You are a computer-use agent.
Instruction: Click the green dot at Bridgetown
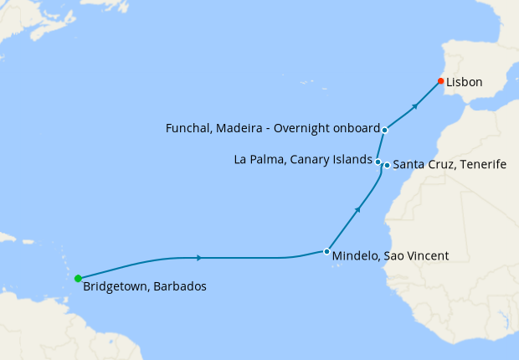click(x=78, y=278)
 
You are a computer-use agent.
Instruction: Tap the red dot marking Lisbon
click(x=440, y=81)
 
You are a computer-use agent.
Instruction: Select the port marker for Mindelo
click(x=326, y=251)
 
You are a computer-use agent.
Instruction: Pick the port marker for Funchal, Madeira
click(x=384, y=130)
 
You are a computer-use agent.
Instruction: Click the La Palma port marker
click(x=378, y=162)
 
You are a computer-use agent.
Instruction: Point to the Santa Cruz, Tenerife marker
click(x=386, y=165)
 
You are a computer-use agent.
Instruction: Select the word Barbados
click(x=178, y=286)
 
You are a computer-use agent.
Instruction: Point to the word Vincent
click(x=429, y=255)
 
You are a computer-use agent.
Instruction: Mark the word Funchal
click(x=190, y=128)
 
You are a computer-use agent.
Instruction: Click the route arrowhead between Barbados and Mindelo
click(x=198, y=258)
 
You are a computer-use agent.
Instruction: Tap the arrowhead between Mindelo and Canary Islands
click(x=358, y=209)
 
